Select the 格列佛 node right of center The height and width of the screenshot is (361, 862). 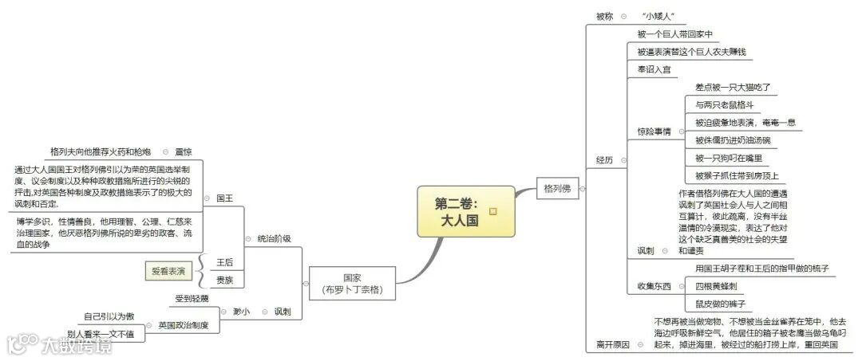tap(556, 189)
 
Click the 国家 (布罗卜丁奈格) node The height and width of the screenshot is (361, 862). tap(352, 284)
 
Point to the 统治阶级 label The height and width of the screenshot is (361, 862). tap(274, 238)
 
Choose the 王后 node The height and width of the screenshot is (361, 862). tap(226, 261)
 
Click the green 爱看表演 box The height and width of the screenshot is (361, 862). tap(168, 271)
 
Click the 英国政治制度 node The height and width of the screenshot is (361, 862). tap(183, 325)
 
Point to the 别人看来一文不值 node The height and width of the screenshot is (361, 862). tap(101, 334)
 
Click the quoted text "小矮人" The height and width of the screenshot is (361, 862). tap(658, 16)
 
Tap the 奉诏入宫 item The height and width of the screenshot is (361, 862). tap(654, 70)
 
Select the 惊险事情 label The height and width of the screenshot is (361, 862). tap(654, 131)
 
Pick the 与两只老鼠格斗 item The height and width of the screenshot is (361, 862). tap(724, 105)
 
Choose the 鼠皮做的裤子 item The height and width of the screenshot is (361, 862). tap(720, 304)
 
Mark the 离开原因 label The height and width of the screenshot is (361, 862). tap(613, 344)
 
